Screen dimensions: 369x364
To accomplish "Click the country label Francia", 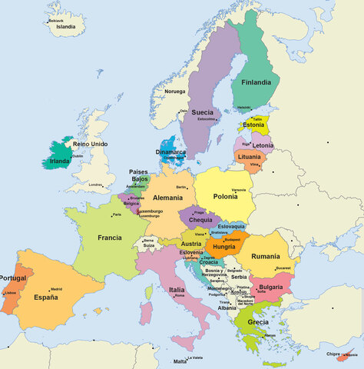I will tap(110, 238).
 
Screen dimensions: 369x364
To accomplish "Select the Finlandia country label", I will tap(256, 82).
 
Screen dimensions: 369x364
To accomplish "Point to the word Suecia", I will tap(203, 112).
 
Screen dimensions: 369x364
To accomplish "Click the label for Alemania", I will tap(168, 198).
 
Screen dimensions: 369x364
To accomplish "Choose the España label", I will tap(46, 297).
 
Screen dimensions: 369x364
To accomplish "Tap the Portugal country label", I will tap(13, 278).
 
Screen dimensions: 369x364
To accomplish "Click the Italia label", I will tap(177, 289).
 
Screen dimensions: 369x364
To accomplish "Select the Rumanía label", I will tap(266, 256).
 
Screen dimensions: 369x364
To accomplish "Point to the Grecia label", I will tap(258, 322).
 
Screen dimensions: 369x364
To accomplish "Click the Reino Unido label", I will tap(91, 144).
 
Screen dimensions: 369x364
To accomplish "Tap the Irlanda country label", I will tap(60, 161).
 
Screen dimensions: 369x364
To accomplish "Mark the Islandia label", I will tap(66, 27).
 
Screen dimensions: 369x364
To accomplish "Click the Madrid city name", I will tap(56, 289).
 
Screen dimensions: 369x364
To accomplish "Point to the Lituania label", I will tap(250, 157).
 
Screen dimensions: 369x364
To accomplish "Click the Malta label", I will tap(180, 361).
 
